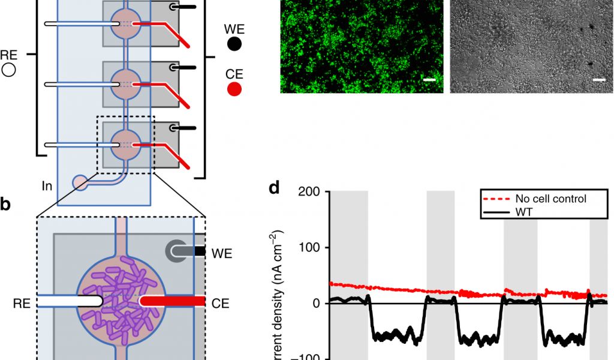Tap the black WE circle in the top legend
[x=235, y=43]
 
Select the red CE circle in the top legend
[x=235, y=89]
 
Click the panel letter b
[x=5, y=204]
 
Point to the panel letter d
[x=274, y=188]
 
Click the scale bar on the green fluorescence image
[x=429, y=79]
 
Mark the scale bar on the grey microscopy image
[x=598, y=79]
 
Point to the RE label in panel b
[x=22, y=303]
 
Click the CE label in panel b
[x=220, y=303]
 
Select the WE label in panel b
[x=221, y=253]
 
